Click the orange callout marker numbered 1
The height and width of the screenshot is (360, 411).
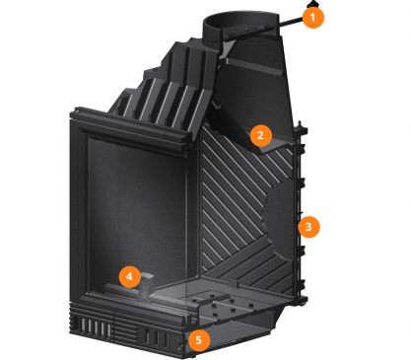[x=313, y=18]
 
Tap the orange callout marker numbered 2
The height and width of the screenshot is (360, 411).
[x=261, y=135]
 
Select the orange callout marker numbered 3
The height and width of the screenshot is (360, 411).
[x=308, y=227]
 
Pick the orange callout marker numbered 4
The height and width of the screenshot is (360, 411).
[x=130, y=277]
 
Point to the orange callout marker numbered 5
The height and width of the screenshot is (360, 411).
[x=199, y=340]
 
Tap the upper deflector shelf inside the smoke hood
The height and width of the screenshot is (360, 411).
[x=254, y=67]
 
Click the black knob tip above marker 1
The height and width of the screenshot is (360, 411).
[x=312, y=4]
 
